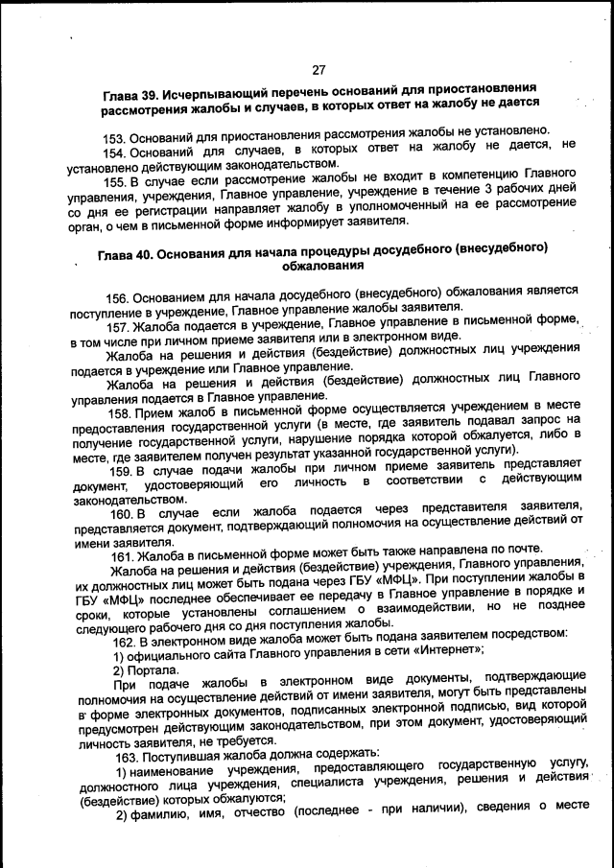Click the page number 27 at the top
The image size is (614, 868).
pyautogui.click(x=319, y=69)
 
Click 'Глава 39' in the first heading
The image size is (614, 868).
pyautogui.click(x=129, y=96)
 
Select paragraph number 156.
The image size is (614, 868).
pyautogui.click(x=118, y=297)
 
